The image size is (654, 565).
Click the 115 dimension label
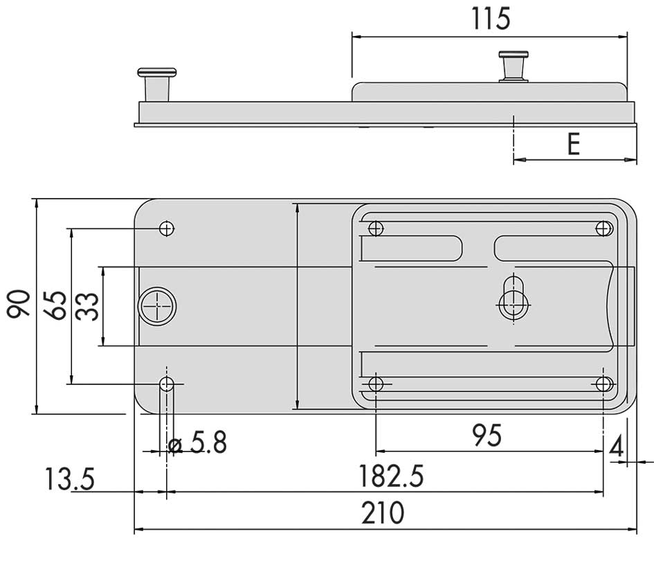coord(491,19)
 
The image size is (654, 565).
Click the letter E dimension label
coord(574,144)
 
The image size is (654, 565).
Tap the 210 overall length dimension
coord(383,513)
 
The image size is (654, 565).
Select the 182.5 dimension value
coord(391,476)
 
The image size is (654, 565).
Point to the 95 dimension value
coord(487,436)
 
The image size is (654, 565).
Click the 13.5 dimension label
coord(70,479)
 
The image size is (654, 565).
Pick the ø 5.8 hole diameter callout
coord(198,442)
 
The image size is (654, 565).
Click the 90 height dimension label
coord(19,304)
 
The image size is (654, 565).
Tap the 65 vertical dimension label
coord(55,306)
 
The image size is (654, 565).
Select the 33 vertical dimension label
coord(87,306)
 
